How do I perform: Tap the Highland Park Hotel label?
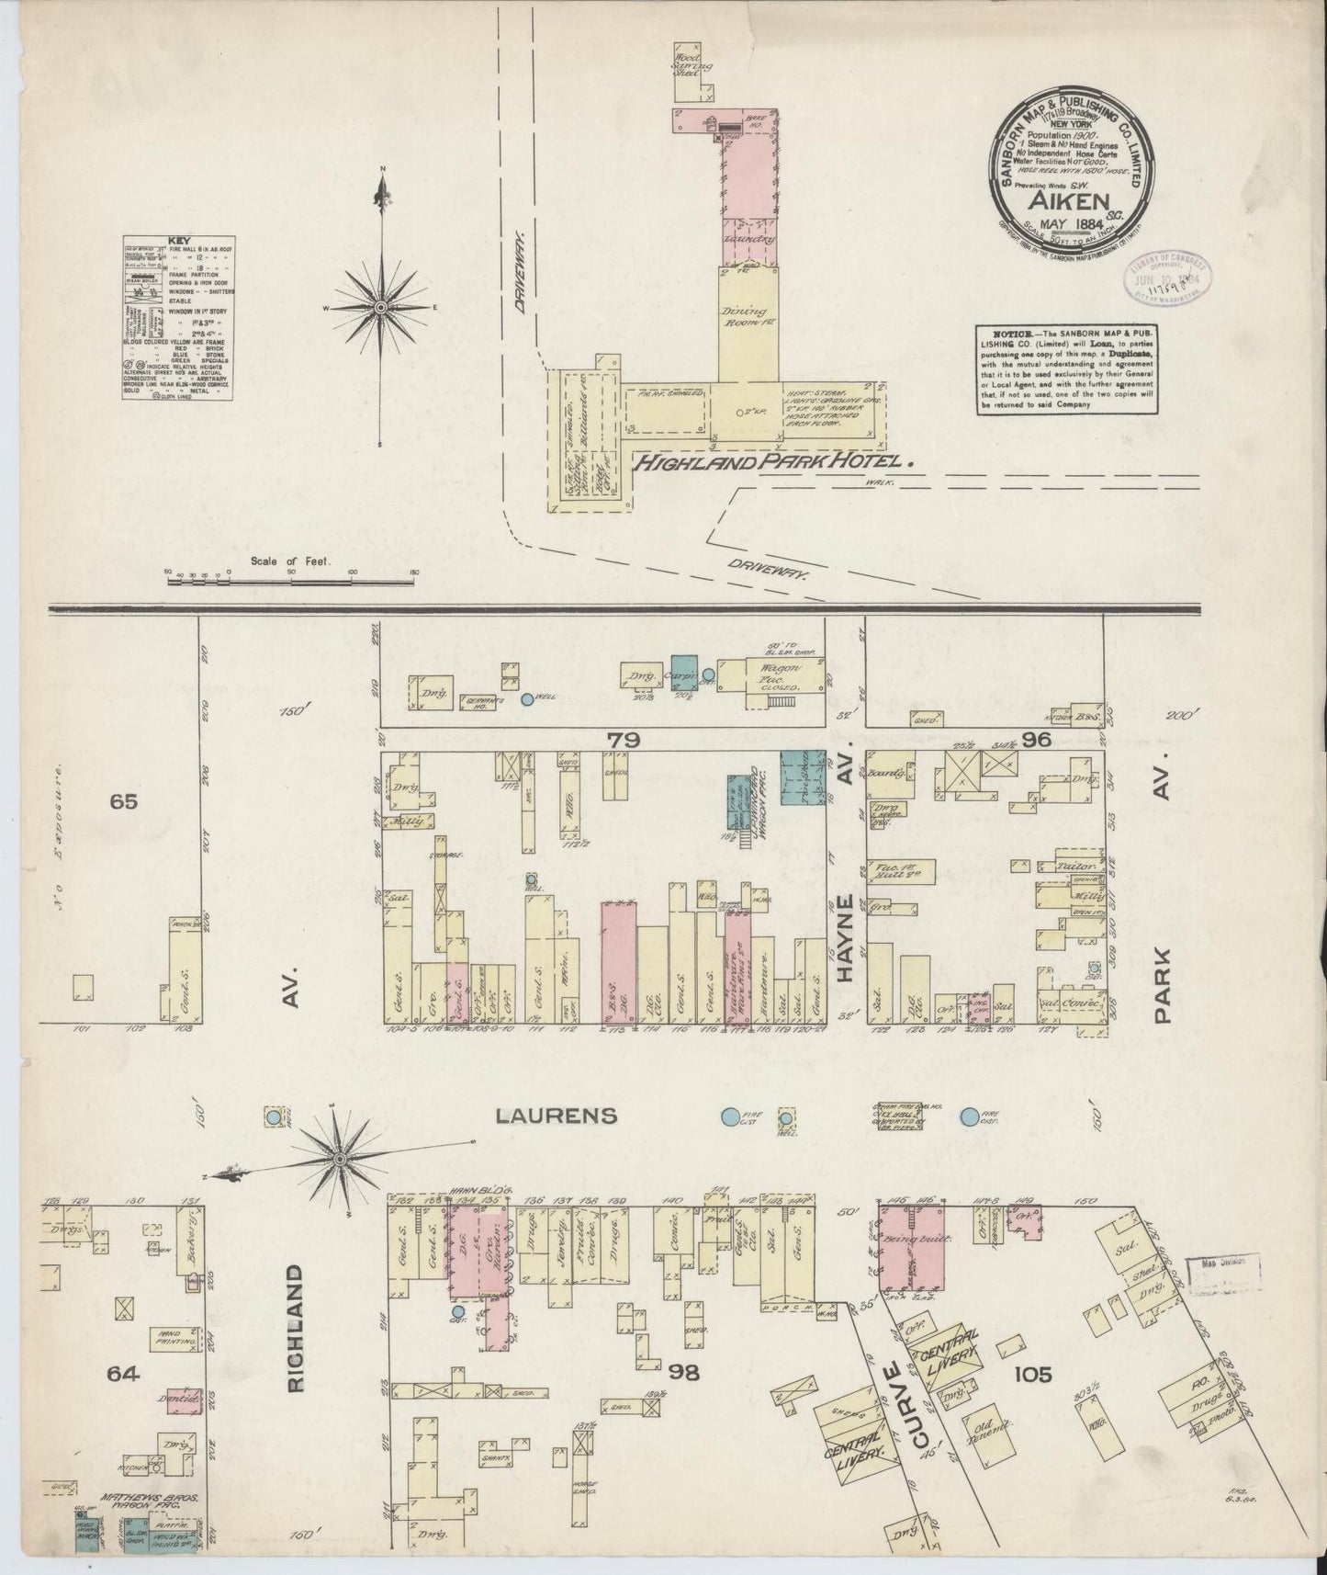coord(777,463)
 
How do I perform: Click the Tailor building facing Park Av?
coord(1069,867)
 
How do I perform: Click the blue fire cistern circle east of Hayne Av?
coord(970,1117)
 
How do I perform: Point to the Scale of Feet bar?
coord(290,581)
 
